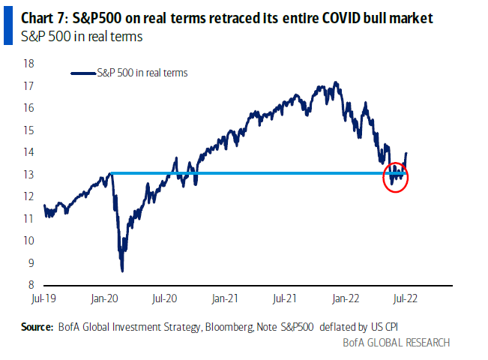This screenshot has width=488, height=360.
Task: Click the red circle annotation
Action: [395, 178]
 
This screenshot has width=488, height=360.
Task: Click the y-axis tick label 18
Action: [29, 64]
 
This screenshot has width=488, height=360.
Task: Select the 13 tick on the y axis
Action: [29, 175]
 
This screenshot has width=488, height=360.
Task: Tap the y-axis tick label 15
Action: [29, 130]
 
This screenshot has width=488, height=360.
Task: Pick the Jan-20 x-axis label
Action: [103, 298]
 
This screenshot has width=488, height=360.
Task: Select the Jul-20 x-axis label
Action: [164, 298]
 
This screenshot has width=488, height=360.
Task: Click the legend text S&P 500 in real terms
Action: [142, 73]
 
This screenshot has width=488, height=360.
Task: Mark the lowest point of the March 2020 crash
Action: [122, 270]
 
